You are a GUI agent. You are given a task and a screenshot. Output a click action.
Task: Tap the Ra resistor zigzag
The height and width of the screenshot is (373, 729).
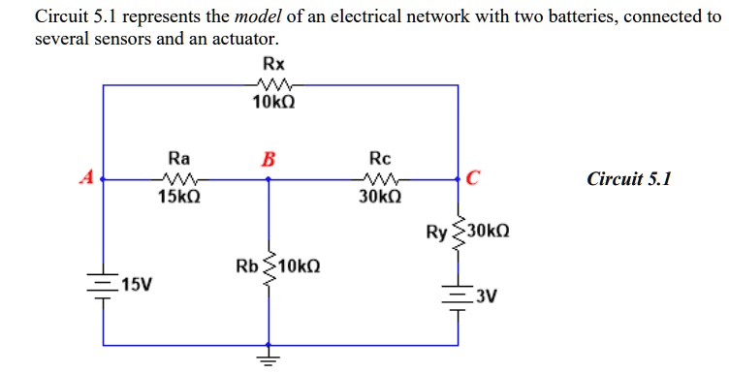coord(179,178)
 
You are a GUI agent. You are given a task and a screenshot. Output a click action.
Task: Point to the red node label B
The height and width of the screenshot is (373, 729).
coord(268,159)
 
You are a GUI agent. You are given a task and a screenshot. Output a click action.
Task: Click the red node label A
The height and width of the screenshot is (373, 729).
coord(87,177)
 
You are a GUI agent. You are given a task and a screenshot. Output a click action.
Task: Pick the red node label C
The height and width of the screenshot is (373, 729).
coord(472,177)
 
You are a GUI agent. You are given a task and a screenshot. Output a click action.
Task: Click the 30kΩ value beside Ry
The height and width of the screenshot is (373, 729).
coord(489,233)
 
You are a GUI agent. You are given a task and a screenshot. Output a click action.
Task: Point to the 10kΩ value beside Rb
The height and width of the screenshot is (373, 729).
coord(300,265)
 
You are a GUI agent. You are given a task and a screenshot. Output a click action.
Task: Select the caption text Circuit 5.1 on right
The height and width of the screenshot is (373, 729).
coord(628,178)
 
